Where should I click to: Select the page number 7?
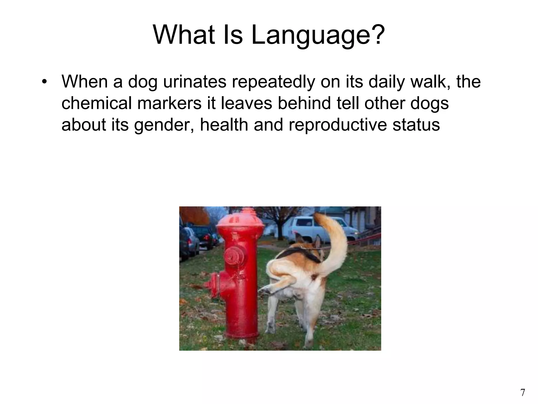[523, 392]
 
